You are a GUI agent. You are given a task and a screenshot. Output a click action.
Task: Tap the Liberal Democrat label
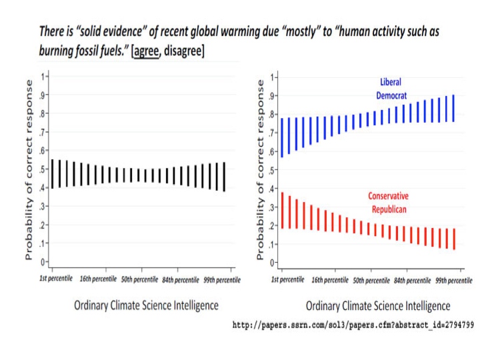point(391,89)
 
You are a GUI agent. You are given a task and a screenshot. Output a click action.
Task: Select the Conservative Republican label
point(388,202)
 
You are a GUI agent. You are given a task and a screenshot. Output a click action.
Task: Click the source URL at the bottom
point(353,325)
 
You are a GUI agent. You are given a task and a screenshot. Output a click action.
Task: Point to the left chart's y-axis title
point(29,169)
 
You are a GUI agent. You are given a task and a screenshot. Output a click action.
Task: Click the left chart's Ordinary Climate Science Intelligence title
point(146,305)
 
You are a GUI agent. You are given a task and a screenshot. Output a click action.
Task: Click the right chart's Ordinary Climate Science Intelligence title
point(378,306)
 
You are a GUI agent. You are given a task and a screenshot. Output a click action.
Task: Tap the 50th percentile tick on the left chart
point(139,279)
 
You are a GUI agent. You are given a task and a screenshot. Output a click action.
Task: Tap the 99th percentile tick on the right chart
point(453,280)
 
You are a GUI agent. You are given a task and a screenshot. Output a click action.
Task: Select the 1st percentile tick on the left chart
point(57,279)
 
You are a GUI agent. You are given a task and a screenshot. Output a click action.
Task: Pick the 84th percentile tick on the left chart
point(179,279)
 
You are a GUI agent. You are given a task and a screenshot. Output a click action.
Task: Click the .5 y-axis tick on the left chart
point(42,169)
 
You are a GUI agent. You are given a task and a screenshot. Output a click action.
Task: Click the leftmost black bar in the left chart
point(53,173)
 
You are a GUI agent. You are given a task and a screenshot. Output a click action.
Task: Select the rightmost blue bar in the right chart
point(454,108)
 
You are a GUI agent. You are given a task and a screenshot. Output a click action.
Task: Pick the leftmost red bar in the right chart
point(283,210)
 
